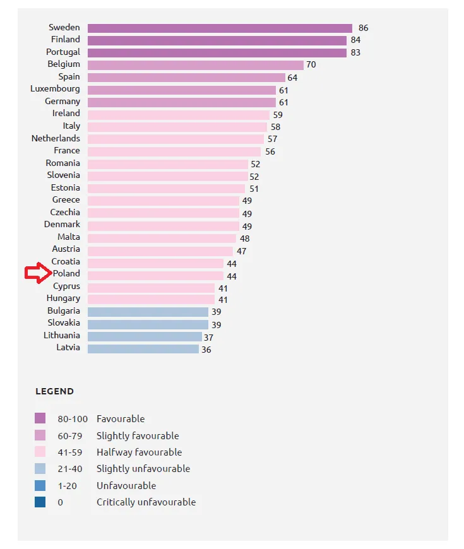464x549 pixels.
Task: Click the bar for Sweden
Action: tap(220, 28)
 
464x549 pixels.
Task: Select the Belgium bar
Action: tap(196, 65)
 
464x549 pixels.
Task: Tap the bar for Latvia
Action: tap(143, 348)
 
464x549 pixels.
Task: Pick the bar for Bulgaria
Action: tap(148, 312)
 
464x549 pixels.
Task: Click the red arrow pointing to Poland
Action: tap(37, 273)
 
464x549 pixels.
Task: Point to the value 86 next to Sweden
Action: tap(363, 28)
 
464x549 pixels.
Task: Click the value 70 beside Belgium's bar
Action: tap(311, 65)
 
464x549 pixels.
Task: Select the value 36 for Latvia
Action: tap(206, 349)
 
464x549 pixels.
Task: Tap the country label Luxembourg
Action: tap(55, 89)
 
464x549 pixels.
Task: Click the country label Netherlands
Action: tap(56, 138)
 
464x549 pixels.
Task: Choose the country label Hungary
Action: tap(63, 298)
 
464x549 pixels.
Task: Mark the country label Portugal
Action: tap(63, 52)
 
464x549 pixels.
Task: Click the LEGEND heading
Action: tap(54, 391)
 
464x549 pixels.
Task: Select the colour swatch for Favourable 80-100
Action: tap(40, 418)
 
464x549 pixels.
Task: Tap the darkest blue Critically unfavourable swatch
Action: tap(40, 502)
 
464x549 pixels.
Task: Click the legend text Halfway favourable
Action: tap(139, 452)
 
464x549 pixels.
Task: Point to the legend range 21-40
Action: tap(69, 469)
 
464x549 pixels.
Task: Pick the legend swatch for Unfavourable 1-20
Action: tap(40, 485)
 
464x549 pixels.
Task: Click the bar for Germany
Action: tap(182, 102)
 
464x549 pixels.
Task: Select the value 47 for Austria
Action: tap(242, 251)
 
